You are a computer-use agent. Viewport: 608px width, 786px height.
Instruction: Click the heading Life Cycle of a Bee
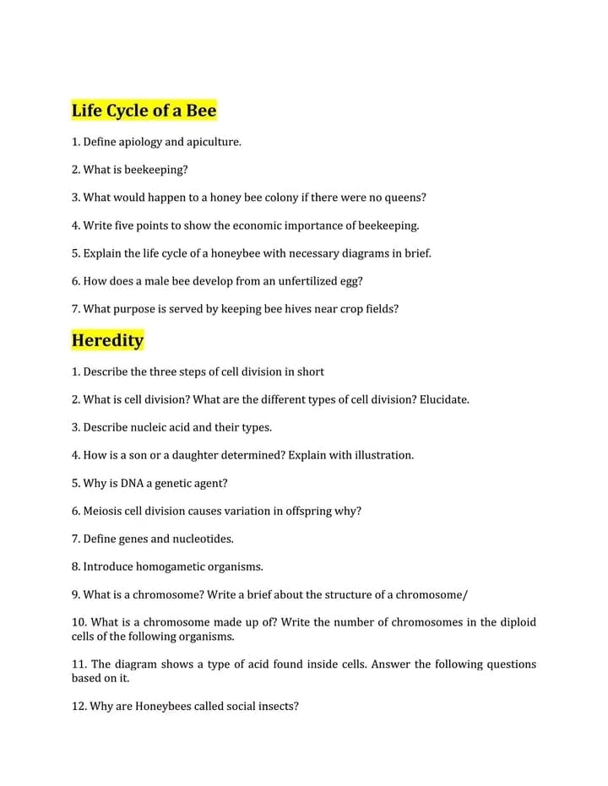tap(144, 111)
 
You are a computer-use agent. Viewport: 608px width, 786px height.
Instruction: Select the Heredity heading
tap(107, 340)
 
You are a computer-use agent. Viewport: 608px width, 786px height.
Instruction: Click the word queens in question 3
tap(404, 198)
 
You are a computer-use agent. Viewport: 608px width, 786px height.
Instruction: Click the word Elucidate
tap(443, 399)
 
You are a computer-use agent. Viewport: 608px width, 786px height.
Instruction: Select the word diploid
tap(518, 622)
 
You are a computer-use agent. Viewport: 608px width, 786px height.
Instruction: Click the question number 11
tap(79, 664)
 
